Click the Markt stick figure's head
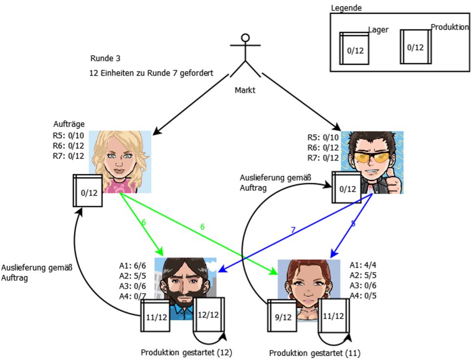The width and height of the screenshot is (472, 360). (246, 38)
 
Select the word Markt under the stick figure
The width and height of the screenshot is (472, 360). (245, 90)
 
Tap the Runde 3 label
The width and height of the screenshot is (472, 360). (105, 59)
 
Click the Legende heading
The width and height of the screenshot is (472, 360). (346, 8)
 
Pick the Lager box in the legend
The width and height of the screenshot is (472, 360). (354, 48)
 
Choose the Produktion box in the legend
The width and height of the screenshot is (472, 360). (416, 47)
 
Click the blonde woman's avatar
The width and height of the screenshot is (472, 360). (120, 162)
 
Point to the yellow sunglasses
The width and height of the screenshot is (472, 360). (371, 157)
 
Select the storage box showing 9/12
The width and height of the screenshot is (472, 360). (282, 316)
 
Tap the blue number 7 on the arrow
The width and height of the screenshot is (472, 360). (293, 230)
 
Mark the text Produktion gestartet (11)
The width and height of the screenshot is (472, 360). (314, 353)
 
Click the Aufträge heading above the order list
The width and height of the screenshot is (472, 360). (69, 124)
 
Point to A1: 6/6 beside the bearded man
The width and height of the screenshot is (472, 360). (132, 265)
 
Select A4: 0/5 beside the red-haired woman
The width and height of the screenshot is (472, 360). (363, 296)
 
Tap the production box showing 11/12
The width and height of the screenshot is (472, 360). (334, 316)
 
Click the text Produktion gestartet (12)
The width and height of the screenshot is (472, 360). (186, 353)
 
